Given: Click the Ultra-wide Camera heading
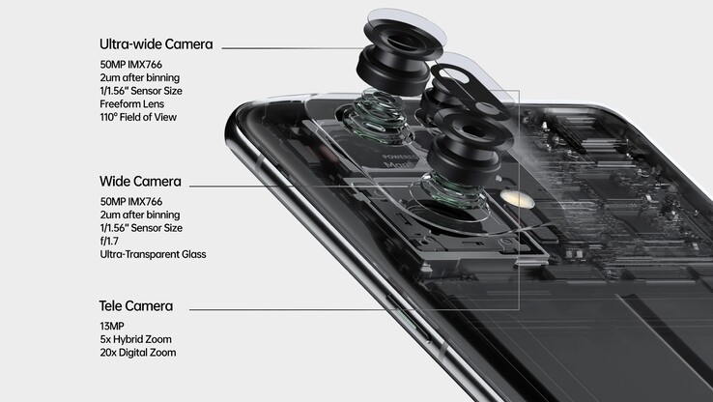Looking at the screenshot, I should click(156, 44).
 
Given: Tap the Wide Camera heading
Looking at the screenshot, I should click(140, 182).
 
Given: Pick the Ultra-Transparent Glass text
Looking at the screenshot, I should click(153, 255).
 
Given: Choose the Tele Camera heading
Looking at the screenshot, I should click(136, 306).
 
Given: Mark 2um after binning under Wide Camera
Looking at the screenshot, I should click(140, 215).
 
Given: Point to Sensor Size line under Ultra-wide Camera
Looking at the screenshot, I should click(155, 90).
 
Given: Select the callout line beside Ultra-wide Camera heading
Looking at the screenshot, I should click(290, 45).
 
